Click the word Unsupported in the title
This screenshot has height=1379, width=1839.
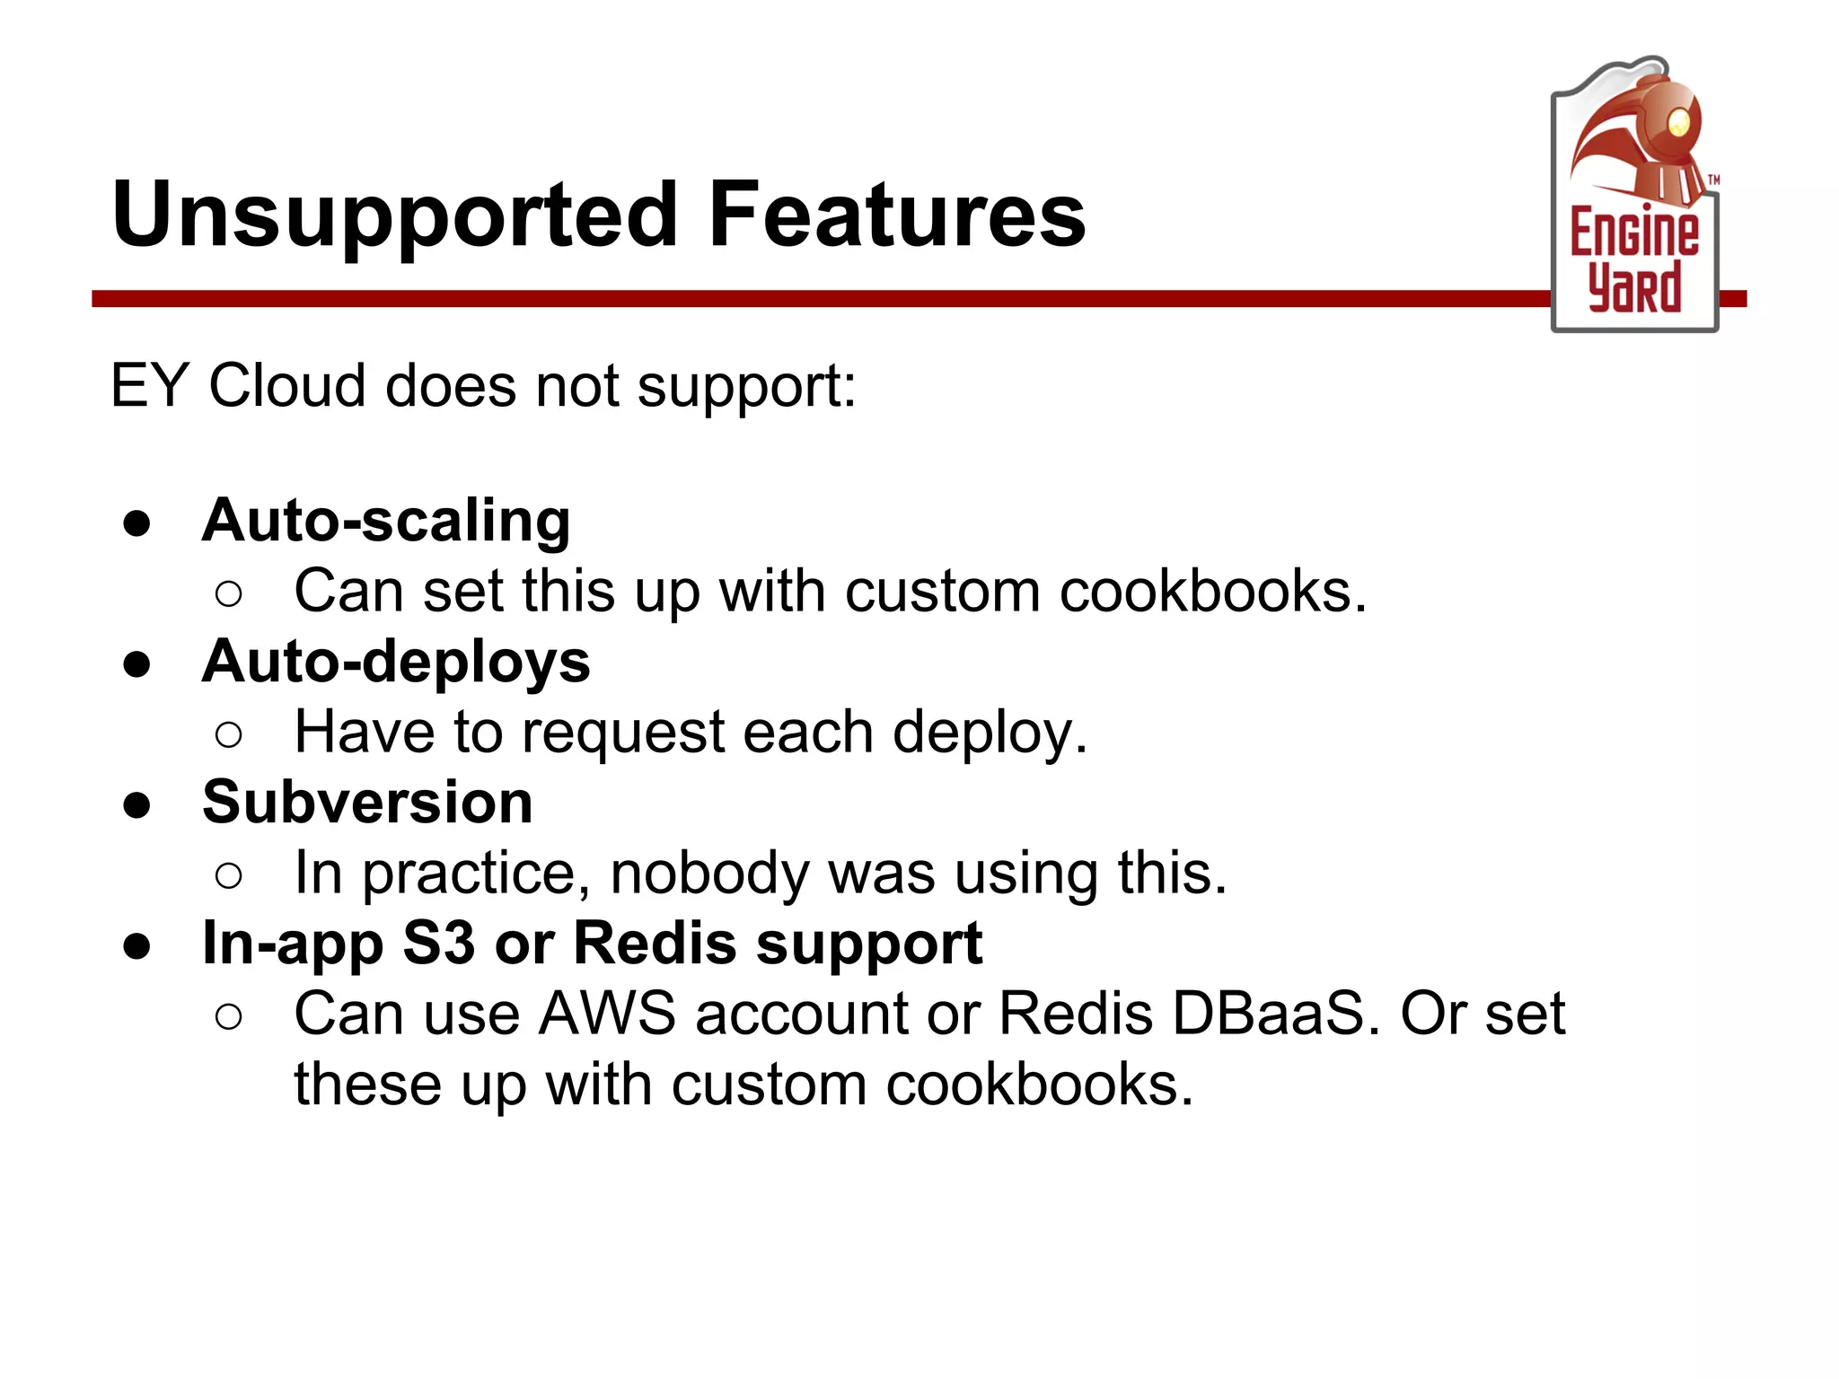tap(395, 215)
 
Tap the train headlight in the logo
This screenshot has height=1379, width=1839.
tap(1677, 121)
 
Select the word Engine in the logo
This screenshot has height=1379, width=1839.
tap(1633, 232)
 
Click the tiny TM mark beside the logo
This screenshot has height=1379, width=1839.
tap(1713, 180)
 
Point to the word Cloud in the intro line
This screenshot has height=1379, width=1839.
tap(286, 386)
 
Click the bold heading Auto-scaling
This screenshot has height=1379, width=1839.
tap(386, 521)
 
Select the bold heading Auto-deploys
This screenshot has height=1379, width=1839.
tap(396, 662)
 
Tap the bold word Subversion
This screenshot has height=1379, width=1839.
tap(367, 802)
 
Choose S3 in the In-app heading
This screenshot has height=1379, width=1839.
tap(438, 944)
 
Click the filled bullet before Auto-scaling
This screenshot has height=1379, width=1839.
tap(137, 524)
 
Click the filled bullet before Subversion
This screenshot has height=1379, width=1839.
tap(137, 805)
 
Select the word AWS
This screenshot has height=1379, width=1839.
tap(607, 1014)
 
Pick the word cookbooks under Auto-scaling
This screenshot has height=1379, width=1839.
tap(1212, 593)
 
